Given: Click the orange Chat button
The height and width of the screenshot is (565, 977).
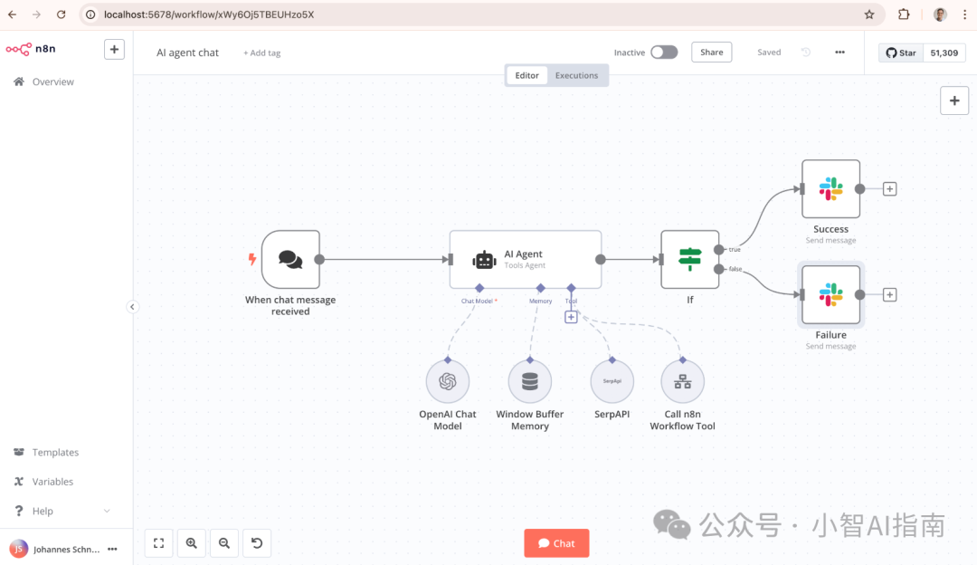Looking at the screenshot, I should (x=556, y=543).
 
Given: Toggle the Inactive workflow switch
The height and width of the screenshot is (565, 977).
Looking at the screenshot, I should (x=663, y=53).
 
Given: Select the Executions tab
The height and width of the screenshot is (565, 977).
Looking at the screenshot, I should (x=576, y=76).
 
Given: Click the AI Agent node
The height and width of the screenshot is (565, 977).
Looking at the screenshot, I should (x=525, y=260).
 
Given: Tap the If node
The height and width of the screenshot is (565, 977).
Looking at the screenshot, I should (x=690, y=260).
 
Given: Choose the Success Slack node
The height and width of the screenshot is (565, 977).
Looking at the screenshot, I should (x=830, y=189).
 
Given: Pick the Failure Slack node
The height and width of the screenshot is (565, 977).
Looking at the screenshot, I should (x=830, y=295).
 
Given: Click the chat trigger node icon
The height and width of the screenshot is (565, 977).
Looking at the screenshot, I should (x=290, y=260).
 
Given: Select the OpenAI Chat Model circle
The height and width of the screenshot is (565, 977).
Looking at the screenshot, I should (x=448, y=382).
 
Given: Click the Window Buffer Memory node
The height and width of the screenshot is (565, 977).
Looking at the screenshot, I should (x=530, y=382).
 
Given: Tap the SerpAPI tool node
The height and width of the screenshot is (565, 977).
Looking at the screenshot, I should (x=612, y=382).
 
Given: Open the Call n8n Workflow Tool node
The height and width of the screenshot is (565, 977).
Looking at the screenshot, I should (x=683, y=382).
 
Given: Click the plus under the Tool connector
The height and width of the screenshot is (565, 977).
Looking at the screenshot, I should (x=571, y=317).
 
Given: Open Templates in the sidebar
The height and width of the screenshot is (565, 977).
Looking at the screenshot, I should (x=55, y=453).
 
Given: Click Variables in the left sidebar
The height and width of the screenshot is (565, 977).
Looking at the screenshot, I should (x=52, y=482).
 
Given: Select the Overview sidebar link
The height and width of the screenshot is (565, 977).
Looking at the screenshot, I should (x=52, y=82).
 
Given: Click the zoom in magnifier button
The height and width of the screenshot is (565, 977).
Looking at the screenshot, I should (x=192, y=543).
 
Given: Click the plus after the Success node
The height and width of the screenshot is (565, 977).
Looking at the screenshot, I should (x=890, y=189).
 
